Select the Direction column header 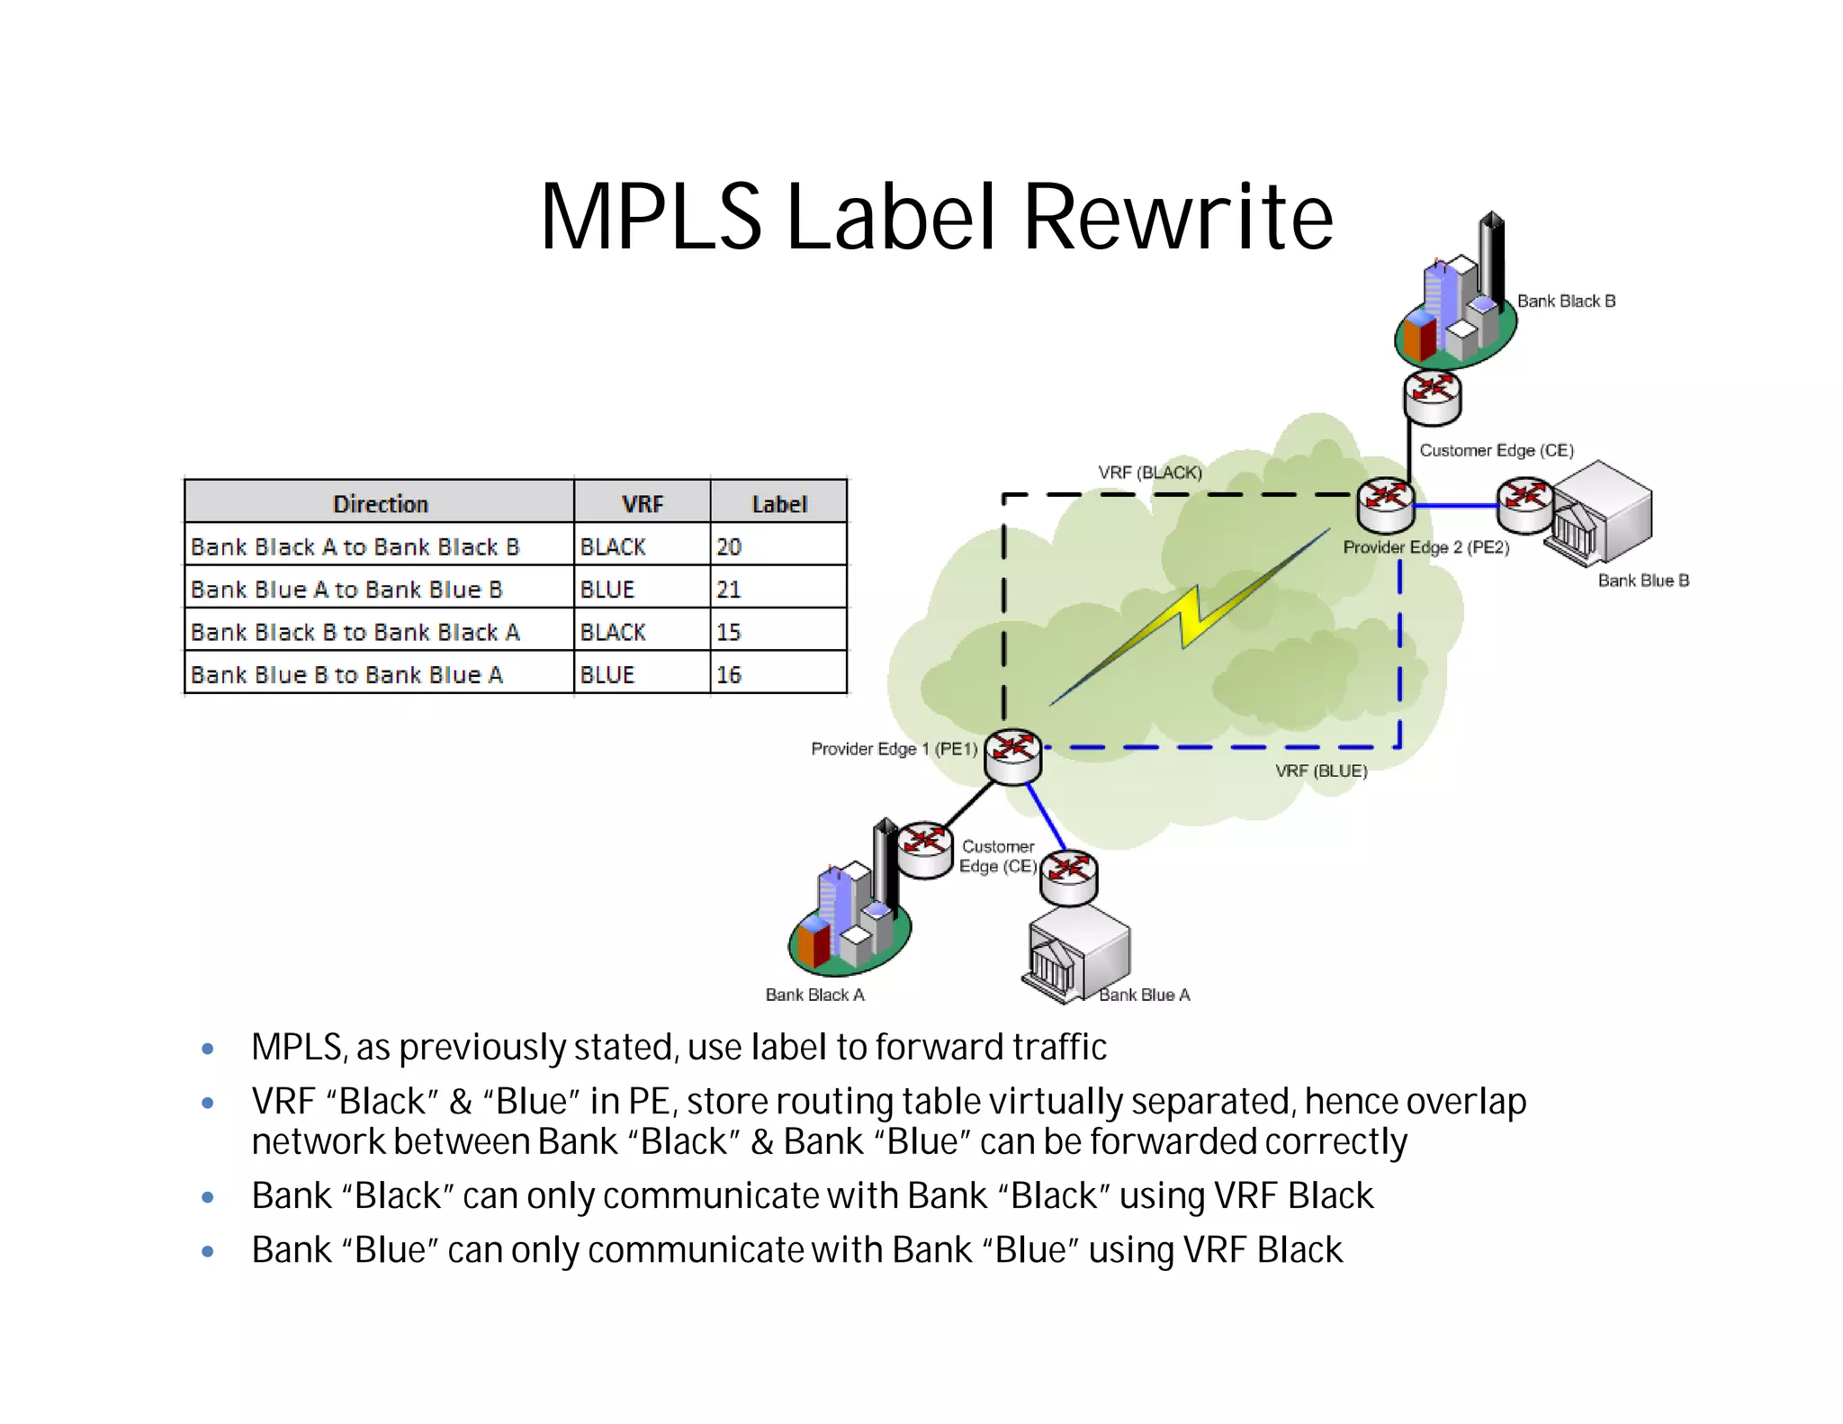[380, 503]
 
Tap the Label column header [778, 503]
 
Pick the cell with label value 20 [778, 546]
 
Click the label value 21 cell [778, 589]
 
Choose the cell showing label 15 [778, 632]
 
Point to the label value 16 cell [778, 674]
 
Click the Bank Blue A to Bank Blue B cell [379, 589]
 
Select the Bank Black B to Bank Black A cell [379, 632]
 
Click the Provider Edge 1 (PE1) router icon [1012, 756]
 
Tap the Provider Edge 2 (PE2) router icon [1386, 504]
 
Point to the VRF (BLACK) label [1149, 473]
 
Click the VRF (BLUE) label [1321, 771]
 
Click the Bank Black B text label [1566, 301]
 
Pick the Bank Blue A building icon [1077, 954]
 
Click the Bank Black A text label [814, 995]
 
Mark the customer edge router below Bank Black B [1432, 397]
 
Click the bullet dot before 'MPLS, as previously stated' [208, 1049]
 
